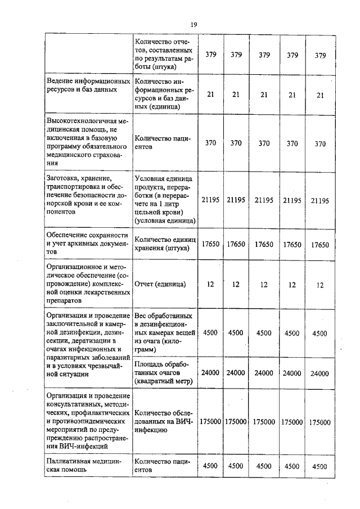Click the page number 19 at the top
tap(193, 24)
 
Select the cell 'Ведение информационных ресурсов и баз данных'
tap(87, 85)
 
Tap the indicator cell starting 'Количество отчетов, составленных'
tap(163, 55)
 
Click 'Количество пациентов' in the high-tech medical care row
tap(163, 143)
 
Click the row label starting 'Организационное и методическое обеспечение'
tap(87, 285)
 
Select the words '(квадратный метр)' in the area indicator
tap(164, 381)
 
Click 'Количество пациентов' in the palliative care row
tap(163, 465)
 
